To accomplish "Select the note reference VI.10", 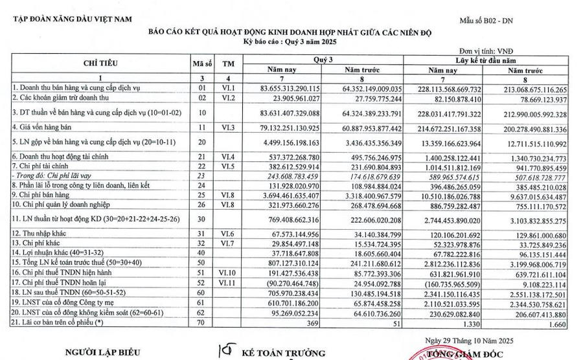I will click(x=227, y=238).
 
